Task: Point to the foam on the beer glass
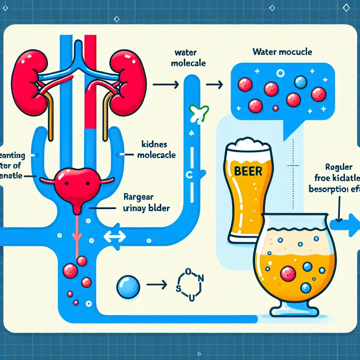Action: click(x=250, y=144)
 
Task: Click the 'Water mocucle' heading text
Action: click(x=282, y=52)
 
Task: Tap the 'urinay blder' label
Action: click(x=147, y=208)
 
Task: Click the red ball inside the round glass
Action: click(x=288, y=273)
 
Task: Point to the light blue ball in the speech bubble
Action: click(x=301, y=82)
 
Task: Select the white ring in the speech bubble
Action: click(x=280, y=73)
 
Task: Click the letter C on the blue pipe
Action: click(x=187, y=176)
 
